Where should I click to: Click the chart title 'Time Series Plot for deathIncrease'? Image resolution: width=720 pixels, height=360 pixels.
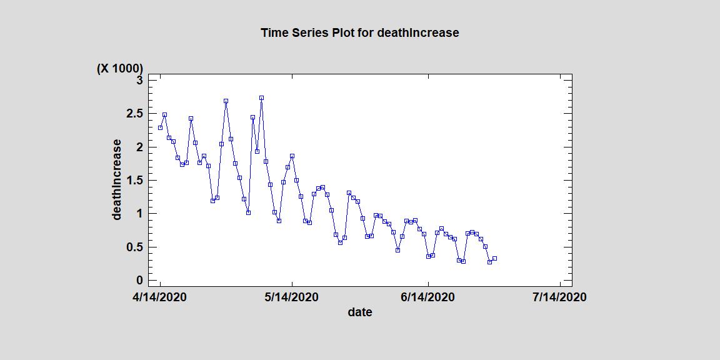click(x=359, y=32)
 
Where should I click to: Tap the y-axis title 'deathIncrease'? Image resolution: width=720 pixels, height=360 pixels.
click(x=117, y=180)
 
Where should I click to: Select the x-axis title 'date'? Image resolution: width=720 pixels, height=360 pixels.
click(x=360, y=312)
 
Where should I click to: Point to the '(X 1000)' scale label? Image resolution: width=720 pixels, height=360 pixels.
click(x=119, y=68)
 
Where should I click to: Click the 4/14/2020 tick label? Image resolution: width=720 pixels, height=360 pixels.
click(x=160, y=297)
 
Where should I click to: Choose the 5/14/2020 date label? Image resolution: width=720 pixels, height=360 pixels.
click(x=292, y=297)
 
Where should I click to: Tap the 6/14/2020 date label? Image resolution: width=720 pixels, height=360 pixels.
click(x=428, y=297)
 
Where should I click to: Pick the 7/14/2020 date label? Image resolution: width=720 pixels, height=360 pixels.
click(x=559, y=297)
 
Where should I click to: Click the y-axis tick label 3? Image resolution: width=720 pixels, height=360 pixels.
click(x=140, y=80)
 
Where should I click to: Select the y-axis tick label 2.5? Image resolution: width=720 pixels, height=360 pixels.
click(x=134, y=113)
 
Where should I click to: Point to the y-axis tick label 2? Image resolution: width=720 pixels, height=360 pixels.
click(x=140, y=147)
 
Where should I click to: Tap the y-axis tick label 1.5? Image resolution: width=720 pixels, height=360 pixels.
click(x=134, y=180)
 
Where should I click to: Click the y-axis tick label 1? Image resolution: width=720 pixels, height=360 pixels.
click(x=140, y=213)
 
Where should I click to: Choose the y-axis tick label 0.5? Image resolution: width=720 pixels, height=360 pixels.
click(x=134, y=247)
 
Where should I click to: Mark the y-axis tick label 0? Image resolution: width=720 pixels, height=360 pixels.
click(x=140, y=280)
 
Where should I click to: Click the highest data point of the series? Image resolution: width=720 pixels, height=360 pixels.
click(x=261, y=98)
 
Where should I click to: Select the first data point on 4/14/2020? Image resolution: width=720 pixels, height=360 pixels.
click(x=160, y=127)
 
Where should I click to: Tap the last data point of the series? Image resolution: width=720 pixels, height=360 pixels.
click(x=494, y=258)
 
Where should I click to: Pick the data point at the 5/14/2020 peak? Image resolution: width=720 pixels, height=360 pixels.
click(x=292, y=156)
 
